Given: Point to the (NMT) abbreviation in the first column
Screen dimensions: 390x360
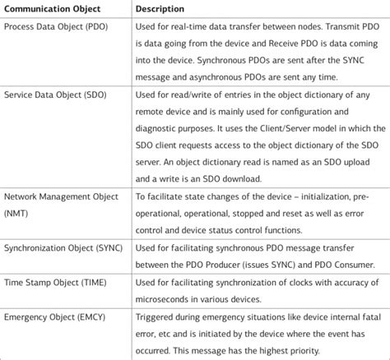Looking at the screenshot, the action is tap(16, 212).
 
